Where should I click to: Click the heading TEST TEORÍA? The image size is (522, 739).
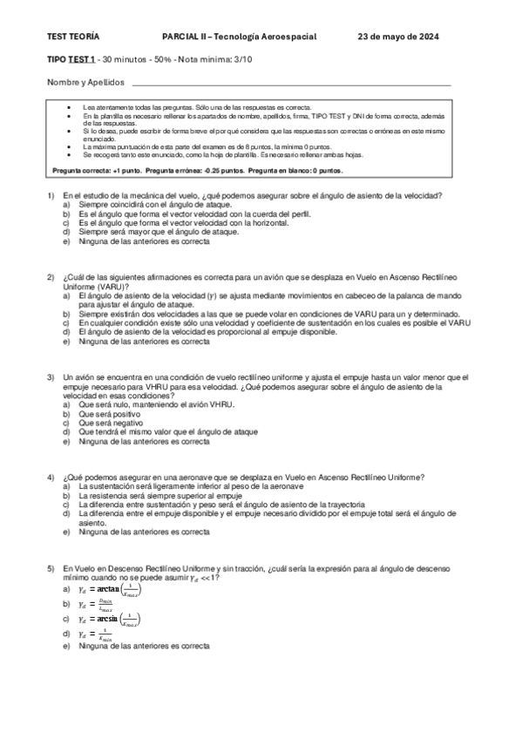[72, 36]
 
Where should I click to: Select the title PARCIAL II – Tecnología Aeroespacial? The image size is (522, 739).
[239, 36]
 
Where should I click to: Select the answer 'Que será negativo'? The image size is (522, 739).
[109, 424]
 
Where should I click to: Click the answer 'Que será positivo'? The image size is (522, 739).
[108, 414]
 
